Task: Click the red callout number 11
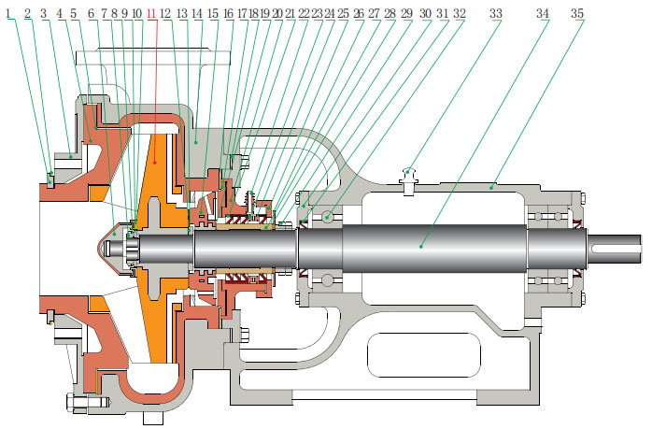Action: tap(152, 15)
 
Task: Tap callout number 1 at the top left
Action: tap(10, 15)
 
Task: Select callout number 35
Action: tap(577, 15)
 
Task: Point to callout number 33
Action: tap(495, 15)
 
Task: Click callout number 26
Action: tap(359, 15)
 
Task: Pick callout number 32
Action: tap(459, 15)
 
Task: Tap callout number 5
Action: tap(74, 15)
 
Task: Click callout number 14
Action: tap(197, 15)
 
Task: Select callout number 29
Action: tap(405, 15)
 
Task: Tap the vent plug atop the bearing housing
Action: tap(408, 174)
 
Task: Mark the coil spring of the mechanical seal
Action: tap(247, 203)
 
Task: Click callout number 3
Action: tap(43, 15)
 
